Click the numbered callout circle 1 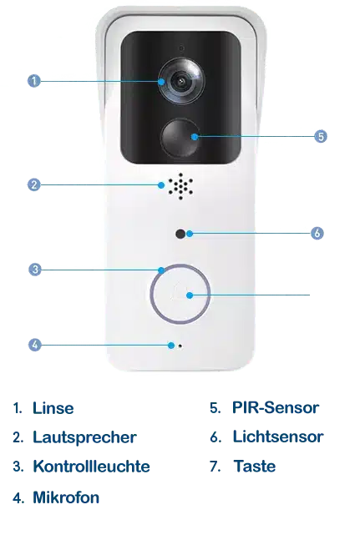click(33, 81)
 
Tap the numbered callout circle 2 click(33, 185)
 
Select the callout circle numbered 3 click(35, 270)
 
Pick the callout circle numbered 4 click(34, 345)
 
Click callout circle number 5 click(321, 137)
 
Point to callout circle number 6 click(317, 233)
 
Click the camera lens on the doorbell click(181, 81)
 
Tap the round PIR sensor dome click(180, 137)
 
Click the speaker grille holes click(180, 186)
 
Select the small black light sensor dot click(180, 234)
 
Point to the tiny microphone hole click(180, 346)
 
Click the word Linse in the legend click(53, 408)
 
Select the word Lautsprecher click(84, 437)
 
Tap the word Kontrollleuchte click(91, 467)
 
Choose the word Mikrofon click(66, 497)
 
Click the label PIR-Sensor click(276, 407)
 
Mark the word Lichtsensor click(278, 437)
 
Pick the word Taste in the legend click(255, 466)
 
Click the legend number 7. click(215, 467)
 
